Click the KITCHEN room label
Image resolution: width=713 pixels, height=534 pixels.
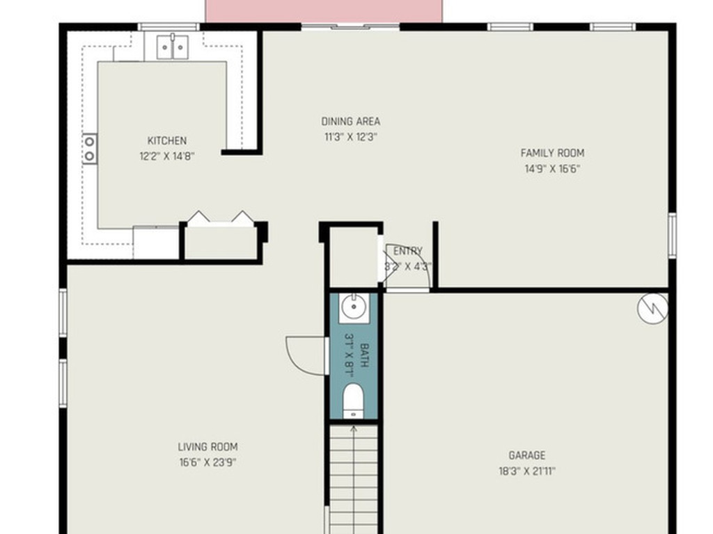click(167, 140)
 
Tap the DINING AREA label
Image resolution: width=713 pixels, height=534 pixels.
click(351, 121)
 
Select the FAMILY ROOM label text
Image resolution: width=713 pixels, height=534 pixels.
click(552, 153)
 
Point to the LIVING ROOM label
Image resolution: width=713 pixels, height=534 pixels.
click(207, 447)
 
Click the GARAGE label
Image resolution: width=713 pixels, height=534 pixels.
click(527, 455)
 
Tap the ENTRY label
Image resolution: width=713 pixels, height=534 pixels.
click(408, 251)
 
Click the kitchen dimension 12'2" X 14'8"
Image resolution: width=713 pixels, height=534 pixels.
click(167, 156)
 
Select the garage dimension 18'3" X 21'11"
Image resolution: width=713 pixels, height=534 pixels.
click(527, 471)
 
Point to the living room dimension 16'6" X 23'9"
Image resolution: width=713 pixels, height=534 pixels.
click(207, 462)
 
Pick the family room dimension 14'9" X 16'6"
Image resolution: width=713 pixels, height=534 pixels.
click(552, 169)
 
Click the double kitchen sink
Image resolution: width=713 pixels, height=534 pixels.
click(173, 47)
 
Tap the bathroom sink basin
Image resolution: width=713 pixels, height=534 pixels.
click(354, 307)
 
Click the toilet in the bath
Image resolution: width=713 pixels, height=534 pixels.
click(353, 400)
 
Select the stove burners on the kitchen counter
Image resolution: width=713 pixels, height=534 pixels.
click(90, 149)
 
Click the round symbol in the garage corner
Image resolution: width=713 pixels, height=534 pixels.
click(652, 308)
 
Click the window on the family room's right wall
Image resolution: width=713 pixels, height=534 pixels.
click(672, 235)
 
